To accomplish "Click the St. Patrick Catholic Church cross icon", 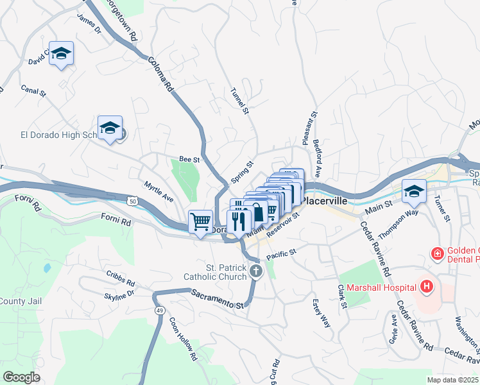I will (x=255, y=271).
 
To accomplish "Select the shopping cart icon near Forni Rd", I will (x=201, y=222).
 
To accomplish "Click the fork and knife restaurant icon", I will (x=239, y=221).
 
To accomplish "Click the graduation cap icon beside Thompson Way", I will (x=414, y=191).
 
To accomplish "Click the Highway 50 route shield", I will (x=132, y=201).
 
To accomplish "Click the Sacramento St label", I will (x=218, y=299).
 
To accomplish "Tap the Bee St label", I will (x=189, y=159).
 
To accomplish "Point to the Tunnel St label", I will (x=239, y=101).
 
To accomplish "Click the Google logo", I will (x=21, y=377).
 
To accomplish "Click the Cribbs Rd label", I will (x=121, y=278).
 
